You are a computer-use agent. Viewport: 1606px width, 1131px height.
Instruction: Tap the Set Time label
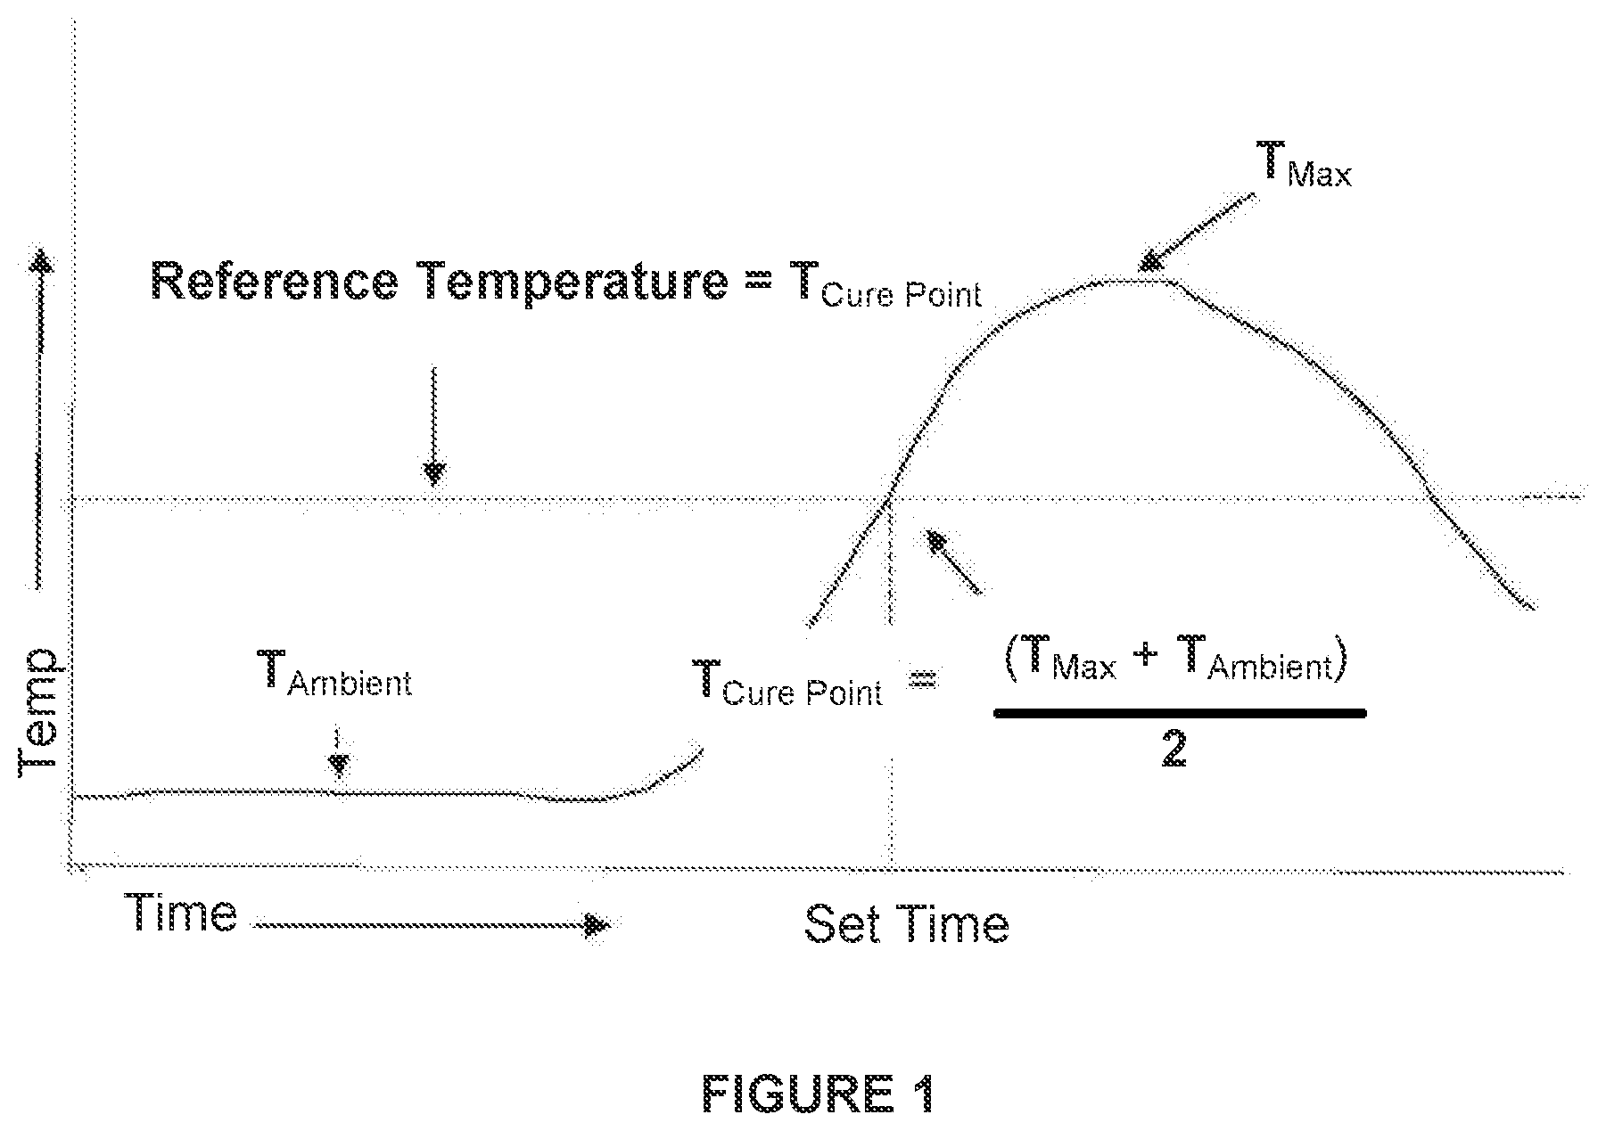point(906,924)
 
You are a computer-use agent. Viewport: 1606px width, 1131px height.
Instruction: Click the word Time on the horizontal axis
point(181,912)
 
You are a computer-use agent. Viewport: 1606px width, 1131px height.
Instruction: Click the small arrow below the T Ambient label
point(337,752)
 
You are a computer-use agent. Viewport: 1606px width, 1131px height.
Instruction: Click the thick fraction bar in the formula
point(1180,712)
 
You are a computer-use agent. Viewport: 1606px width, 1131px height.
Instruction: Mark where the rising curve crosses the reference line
point(889,499)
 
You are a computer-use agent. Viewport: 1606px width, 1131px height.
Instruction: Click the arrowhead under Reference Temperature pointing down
point(433,472)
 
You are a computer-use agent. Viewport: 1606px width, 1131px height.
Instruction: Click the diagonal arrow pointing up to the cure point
point(953,561)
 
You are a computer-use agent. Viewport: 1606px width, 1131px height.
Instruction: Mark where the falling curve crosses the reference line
point(1432,496)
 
